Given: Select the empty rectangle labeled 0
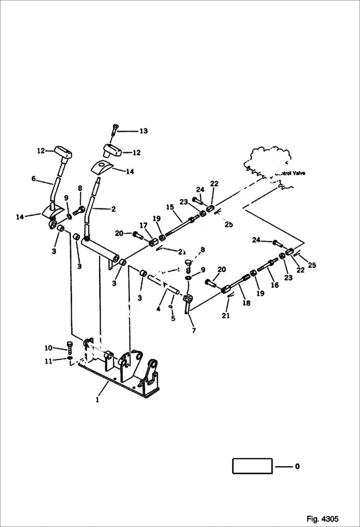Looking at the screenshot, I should tap(252, 466).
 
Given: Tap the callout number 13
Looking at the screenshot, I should tap(143, 131).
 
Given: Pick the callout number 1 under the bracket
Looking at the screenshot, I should tap(97, 400).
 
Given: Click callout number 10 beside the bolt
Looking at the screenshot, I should tap(49, 348).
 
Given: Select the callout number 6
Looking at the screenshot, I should tap(34, 179).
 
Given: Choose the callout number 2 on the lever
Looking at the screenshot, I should tap(113, 209).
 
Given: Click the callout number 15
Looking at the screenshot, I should tap(170, 207).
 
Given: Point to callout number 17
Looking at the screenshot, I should tap(143, 225).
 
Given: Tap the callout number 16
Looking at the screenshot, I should tap(274, 285).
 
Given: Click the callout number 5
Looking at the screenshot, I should tap(173, 318).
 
